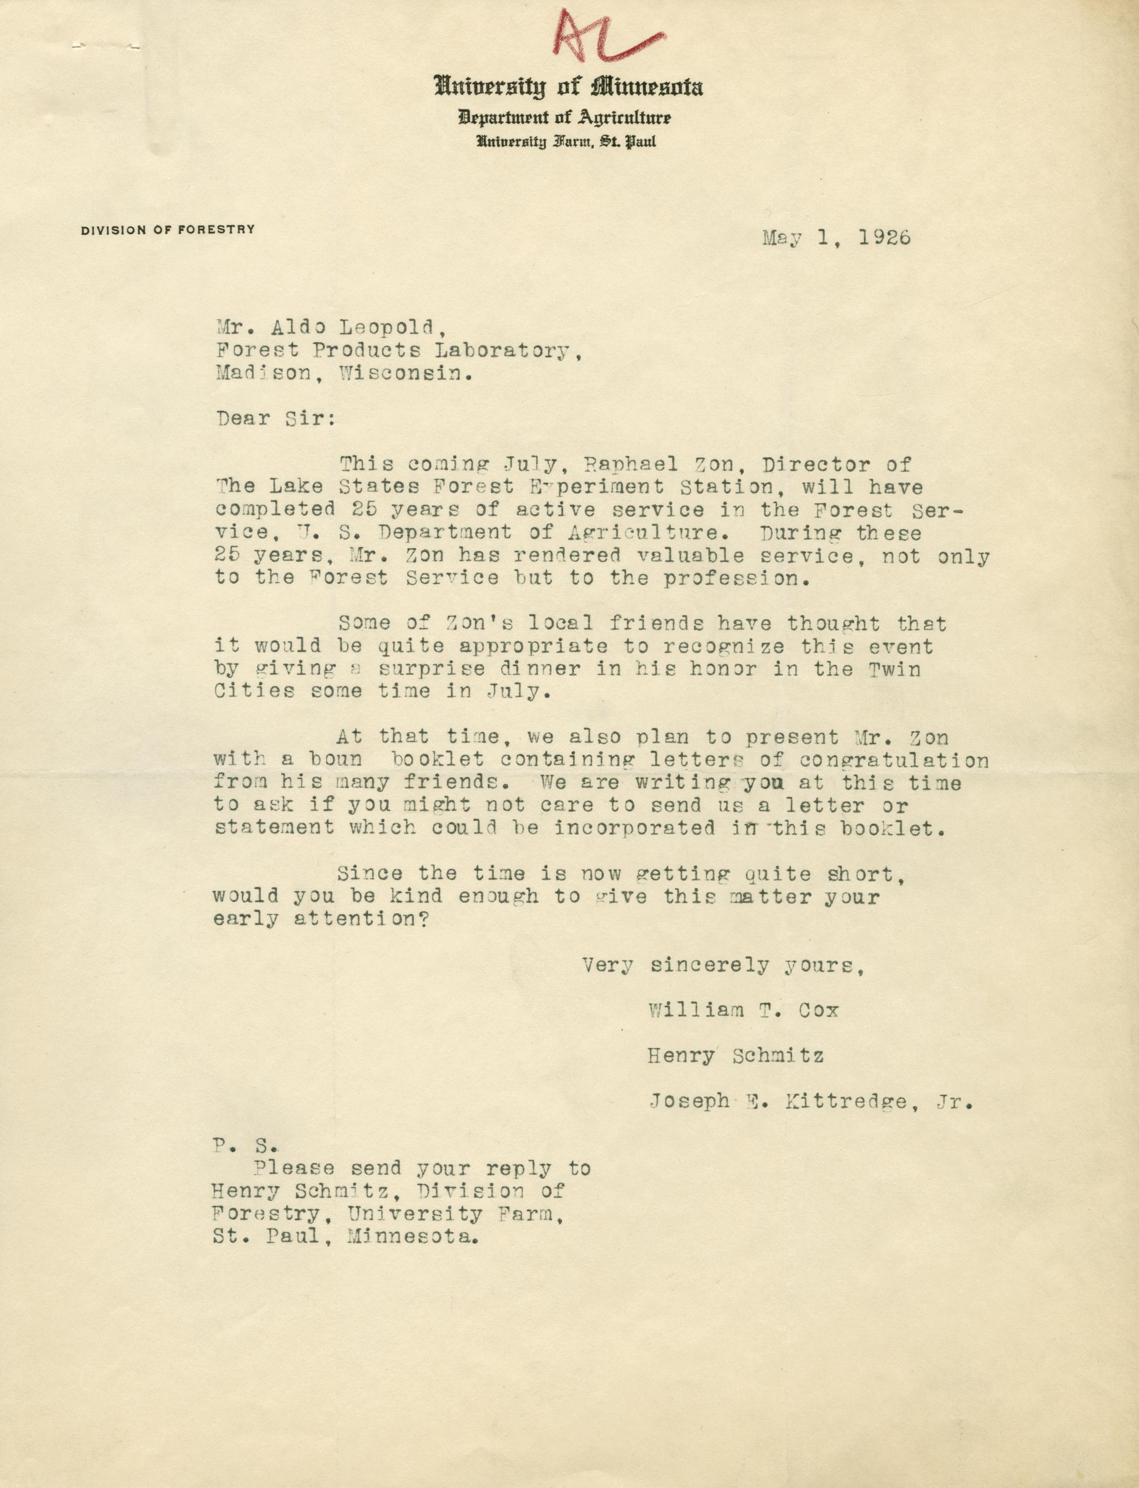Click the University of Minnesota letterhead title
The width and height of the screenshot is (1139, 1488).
coord(569,87)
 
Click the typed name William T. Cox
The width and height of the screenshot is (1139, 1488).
coord(744,1010)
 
